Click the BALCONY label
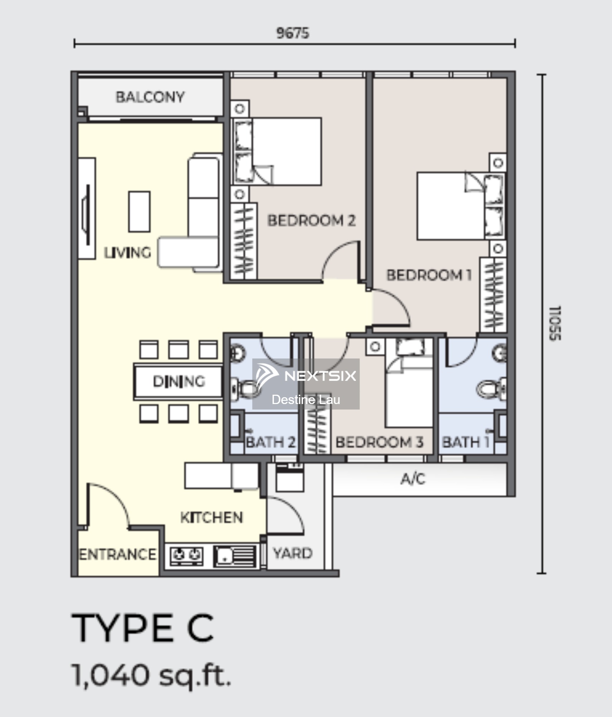(150, 97)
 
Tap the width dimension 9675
(293, 33)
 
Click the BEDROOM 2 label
(312, 220)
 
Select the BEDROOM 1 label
(429, 275)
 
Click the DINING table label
(179, 381)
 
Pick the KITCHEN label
(212, 517)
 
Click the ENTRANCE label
(117, 554)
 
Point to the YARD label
(293, 553)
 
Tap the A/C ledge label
(413, 479)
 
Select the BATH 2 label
(271, 442)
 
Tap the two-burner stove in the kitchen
(186, 556)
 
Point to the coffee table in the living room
(139, 212)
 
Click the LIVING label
(127, 252)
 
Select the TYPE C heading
(143, 628)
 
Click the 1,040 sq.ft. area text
(152, 675)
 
